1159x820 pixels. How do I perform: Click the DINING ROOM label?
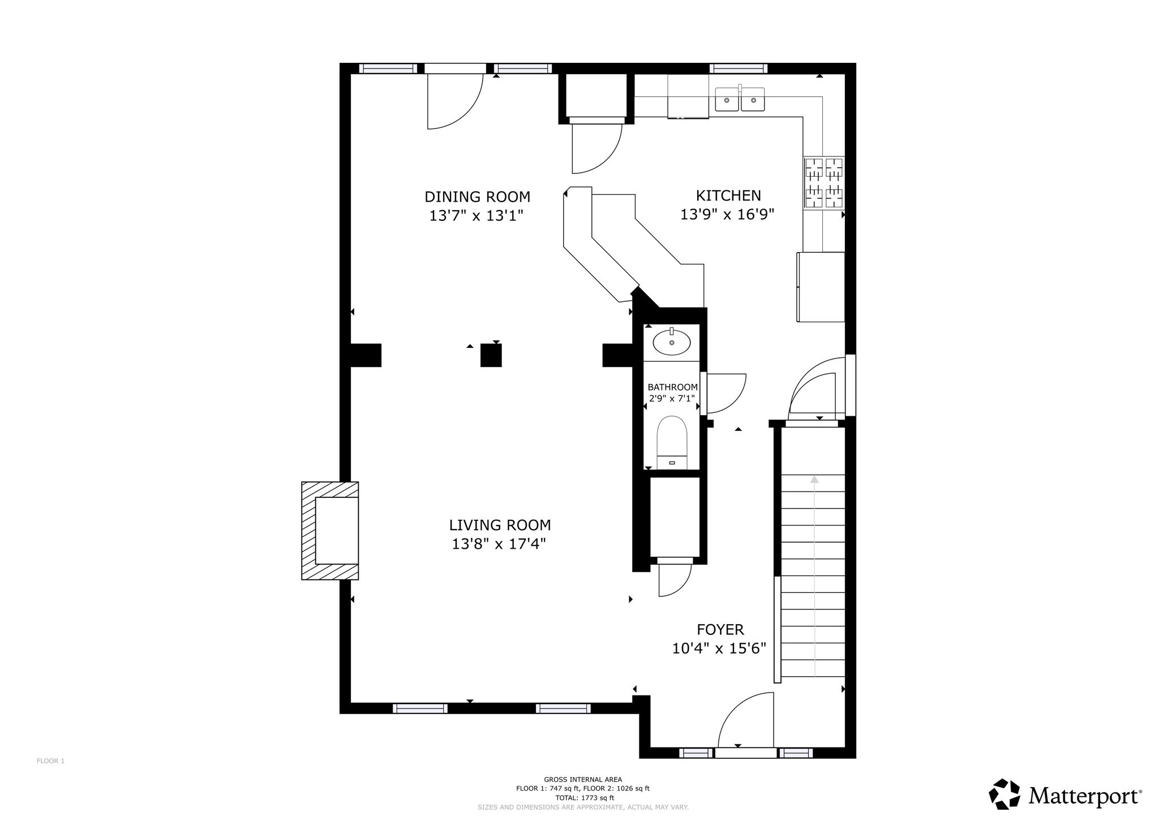[478, 197]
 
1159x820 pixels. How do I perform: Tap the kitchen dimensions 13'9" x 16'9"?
[727, 215]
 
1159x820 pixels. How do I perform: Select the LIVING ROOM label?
[500, 526]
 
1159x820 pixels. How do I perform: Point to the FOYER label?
[720, 630]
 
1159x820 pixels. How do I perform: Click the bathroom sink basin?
[672, 343]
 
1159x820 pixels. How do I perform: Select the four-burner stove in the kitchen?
[824, 183]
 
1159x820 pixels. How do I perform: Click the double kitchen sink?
[740, 100]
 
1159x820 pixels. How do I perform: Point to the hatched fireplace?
[330, 531]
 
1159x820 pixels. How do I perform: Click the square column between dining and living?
[491, 356]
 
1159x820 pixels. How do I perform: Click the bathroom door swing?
[726, 393]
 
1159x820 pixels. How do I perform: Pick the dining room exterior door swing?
[455, 101]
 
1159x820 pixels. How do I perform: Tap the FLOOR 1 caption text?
[50, 761]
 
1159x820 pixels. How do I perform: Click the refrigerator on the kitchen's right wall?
[821, 287]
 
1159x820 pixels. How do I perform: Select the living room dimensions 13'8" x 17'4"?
[499, 544]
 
